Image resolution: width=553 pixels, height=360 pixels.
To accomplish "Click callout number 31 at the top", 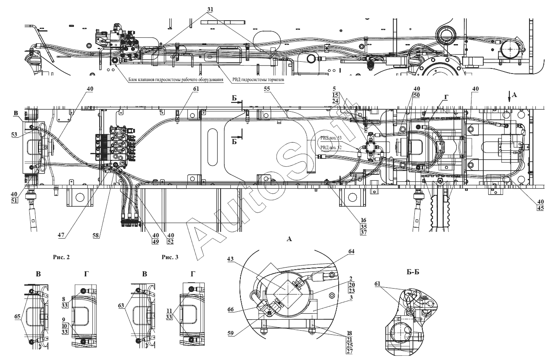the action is [210, 9].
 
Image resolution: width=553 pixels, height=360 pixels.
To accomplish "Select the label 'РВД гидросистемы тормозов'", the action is [258, 80].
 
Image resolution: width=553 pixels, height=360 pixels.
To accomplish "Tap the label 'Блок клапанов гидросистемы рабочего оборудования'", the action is [176, 80].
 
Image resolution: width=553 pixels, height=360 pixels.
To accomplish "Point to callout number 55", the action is [267, 89].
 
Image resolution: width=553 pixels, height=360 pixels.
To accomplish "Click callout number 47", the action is [61, 235].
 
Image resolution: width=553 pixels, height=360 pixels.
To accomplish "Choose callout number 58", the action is [95, 235].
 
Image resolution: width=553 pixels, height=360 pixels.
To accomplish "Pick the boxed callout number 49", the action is [155, 242].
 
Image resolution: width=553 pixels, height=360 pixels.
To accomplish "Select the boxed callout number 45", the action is [540, 208].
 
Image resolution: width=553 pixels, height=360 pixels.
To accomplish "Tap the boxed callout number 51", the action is [14, 200].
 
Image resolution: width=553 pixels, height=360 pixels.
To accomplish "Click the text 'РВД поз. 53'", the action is [331, 138].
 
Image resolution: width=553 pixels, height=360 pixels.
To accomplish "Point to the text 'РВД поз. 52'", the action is [331, 147].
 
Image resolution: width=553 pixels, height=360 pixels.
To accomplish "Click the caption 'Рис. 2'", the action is [61, 257].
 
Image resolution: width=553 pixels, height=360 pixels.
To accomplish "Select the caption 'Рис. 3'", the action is [170, 257].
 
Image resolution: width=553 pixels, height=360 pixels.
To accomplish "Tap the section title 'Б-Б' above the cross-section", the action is [413, 272].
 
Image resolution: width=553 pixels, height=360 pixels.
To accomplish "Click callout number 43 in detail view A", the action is [230, 259].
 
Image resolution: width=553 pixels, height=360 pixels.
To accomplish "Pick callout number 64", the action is [351, 251].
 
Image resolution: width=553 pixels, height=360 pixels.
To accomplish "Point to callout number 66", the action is [231, 310].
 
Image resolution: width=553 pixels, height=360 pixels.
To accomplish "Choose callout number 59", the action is [231, 334].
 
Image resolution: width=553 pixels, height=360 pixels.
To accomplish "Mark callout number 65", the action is [18, 317].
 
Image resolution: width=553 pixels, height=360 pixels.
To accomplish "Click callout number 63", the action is [121, 306].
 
